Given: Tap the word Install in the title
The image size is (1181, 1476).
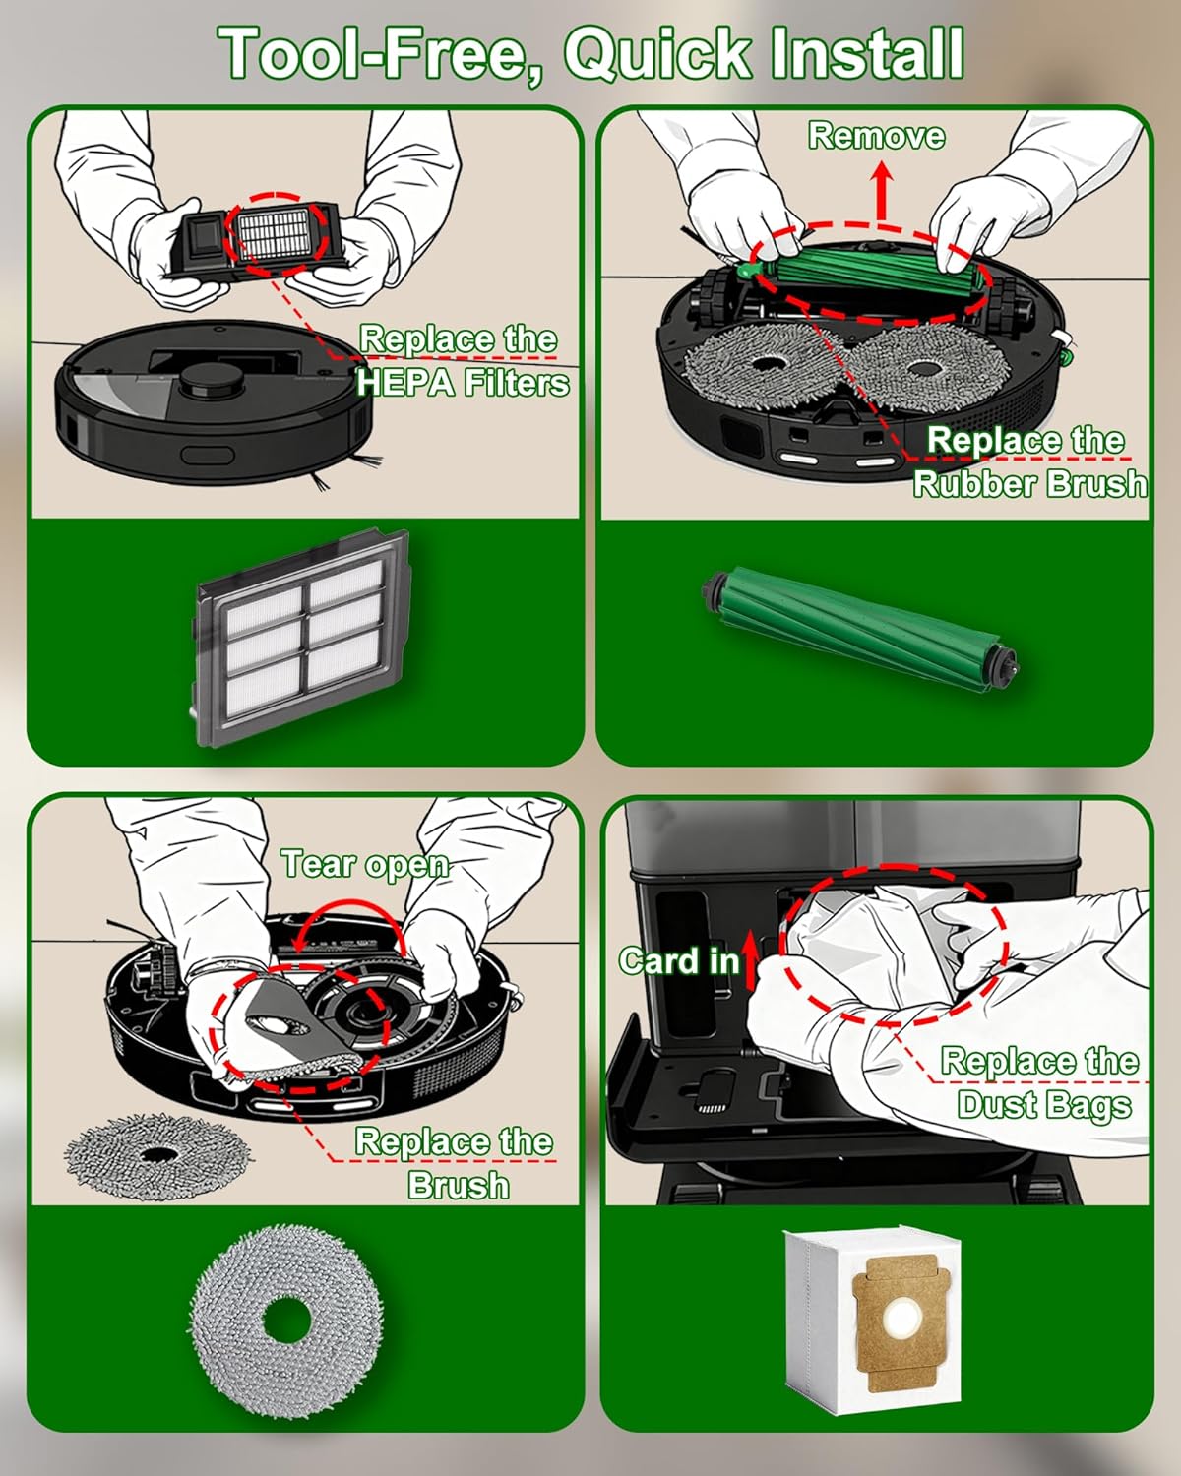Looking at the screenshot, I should pos(866,54).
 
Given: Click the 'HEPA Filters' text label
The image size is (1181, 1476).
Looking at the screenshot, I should pos(463,382).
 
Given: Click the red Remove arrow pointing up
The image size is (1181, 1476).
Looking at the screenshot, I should pos(882,192).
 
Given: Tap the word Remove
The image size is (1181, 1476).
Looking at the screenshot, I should pos(876,136).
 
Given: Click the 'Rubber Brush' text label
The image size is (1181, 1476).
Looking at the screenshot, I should pos(1028,483).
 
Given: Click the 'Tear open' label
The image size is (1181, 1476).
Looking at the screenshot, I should pos(365,864).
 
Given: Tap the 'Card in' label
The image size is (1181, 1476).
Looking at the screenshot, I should pos(678,960).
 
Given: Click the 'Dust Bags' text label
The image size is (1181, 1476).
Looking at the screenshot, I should pos(1043,1104).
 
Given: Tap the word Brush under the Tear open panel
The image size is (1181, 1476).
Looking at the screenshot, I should pos(459,1185).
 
